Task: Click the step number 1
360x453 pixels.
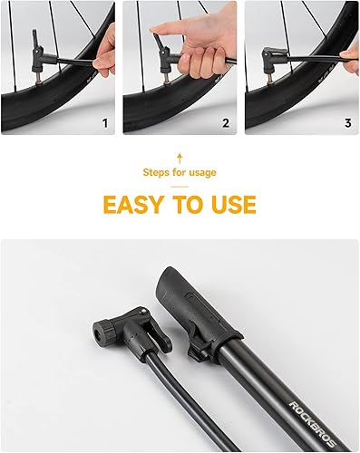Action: [105, 123]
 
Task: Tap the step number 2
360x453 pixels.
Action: [226, 123]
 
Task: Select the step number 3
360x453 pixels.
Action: [348, 123]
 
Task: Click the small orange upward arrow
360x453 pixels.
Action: [180, 158]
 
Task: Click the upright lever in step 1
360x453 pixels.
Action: [36, 38]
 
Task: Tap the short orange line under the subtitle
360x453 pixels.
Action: [180, 187]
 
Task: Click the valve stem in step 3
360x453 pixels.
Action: [271, 79]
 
